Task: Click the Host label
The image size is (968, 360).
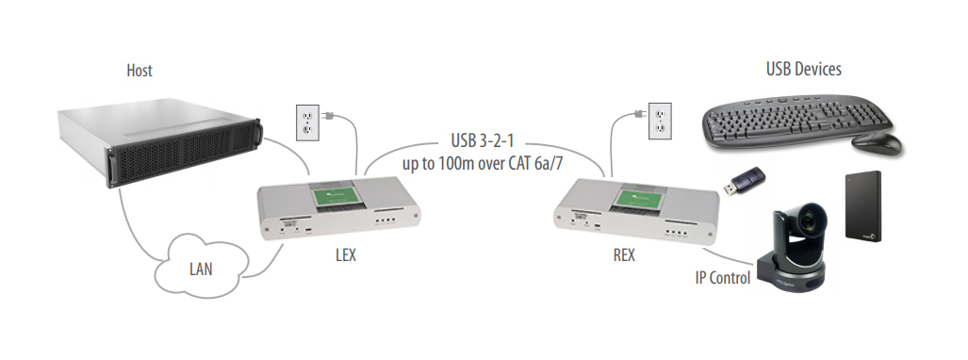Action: [139, 71]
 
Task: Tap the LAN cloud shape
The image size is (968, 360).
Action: [200, 269]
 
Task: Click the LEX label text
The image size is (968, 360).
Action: [345, 256]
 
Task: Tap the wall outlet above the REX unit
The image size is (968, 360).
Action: [662, 118]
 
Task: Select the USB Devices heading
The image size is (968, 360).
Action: [803, 69]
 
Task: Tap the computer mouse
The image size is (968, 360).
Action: [877, 143]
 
